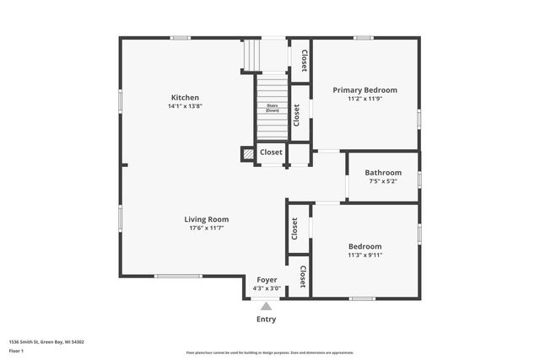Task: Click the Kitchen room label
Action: tap(185, 97)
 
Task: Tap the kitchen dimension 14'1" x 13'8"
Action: tap(185, 106)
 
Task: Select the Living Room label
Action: tap(207, 219)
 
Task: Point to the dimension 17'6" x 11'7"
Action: tap(207, 228)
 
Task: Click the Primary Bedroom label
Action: tap(364, 89)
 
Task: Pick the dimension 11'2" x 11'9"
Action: tap(364, 99)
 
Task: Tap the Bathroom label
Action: tap(383, 172)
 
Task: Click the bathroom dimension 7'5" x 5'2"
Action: tap(383, 181)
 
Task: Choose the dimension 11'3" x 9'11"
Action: tap(365, 255)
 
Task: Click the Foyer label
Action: tap(267, 280)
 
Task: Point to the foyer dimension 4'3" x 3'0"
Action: tap(267, 288)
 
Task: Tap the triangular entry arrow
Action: tap(267, 306)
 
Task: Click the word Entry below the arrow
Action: tap(266, 320)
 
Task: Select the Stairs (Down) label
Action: tap(272, 109)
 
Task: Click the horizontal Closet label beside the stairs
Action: tap(271, 153)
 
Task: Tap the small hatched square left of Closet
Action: tap(247, 153)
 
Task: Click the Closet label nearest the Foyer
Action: tap(302, 277)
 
